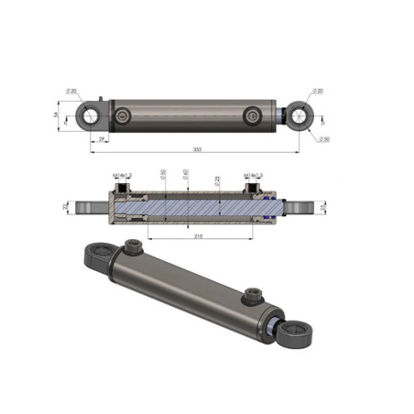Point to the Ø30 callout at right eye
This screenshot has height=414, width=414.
coord(324,138)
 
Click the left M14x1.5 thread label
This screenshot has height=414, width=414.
coord(121,175)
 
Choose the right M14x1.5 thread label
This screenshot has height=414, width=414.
coord(254,175)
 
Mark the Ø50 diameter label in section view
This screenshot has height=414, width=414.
coord(163,174)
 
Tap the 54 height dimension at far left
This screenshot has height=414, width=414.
coord(56,114)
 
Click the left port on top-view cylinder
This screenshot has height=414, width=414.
coord(124,115)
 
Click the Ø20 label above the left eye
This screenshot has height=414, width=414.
coord(72,91)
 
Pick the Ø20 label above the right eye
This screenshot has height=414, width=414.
coord(318,91)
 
